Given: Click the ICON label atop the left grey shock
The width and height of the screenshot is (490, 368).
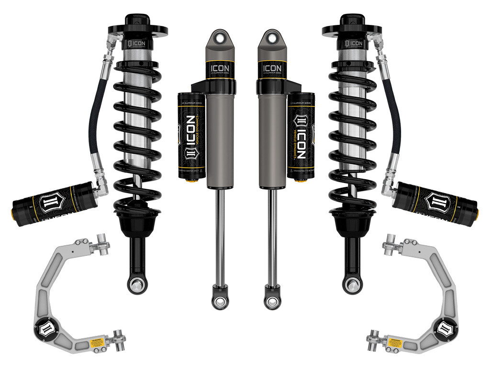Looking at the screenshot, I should [x=220, y=69].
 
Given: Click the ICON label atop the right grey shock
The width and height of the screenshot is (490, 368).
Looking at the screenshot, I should [x=271, y=69].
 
